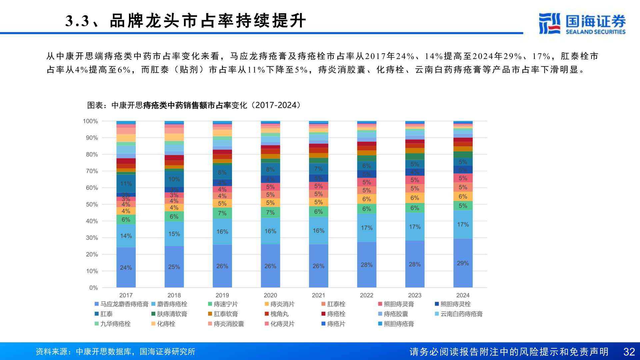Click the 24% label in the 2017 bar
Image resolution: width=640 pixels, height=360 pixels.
[x=126, y=268]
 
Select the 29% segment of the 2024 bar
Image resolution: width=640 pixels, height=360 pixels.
[x=463, y=263]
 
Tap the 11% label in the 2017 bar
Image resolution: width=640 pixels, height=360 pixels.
[x=126, y=184]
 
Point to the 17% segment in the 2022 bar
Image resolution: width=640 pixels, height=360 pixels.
[x=366, y=228]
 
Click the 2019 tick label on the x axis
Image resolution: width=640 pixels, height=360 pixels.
[x=222, y=295]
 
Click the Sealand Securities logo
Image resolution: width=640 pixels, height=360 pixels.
[x=582, y=23]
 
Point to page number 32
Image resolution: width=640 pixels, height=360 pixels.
[x=629, y=352]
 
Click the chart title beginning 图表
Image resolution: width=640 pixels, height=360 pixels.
[x=194, y=105]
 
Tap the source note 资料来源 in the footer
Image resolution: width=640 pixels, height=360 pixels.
[x=115, y=352]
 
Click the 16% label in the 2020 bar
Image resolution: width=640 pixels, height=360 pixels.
[x=270, y=231]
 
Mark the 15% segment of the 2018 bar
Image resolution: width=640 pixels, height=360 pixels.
[x=174, y=234]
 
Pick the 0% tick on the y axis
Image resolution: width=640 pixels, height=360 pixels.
[x=93, y=288]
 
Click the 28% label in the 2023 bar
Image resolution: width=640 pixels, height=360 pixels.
[x=415, y=264]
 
